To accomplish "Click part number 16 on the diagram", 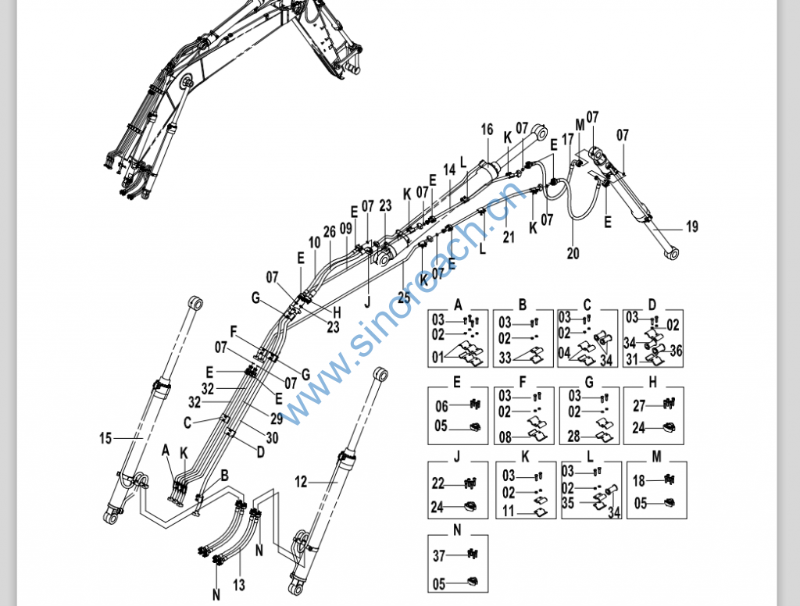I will click(487, 130).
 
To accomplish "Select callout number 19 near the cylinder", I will click(692, 227).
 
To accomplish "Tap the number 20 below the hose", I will click(573, 253).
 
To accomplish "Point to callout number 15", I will click(105, 438).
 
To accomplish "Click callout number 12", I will click(302, 483).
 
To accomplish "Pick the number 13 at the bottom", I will click(238, 585).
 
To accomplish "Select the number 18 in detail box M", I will click(638, 481).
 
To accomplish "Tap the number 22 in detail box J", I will click(438, 484).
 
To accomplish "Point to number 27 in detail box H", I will click(638, 405).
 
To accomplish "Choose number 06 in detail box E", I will click(441, 406).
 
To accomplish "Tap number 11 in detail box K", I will click(509, 512).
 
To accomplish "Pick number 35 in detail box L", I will click(569, 504).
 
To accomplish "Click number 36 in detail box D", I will click(676, 352).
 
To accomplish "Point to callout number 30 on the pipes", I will click(272, 438).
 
